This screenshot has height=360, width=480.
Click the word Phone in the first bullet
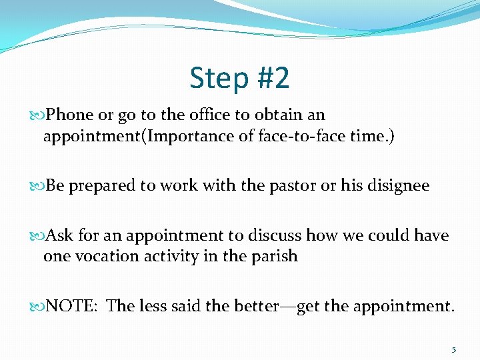(x=71, y=115)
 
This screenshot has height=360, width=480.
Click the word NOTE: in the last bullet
(x=73, y=306)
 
